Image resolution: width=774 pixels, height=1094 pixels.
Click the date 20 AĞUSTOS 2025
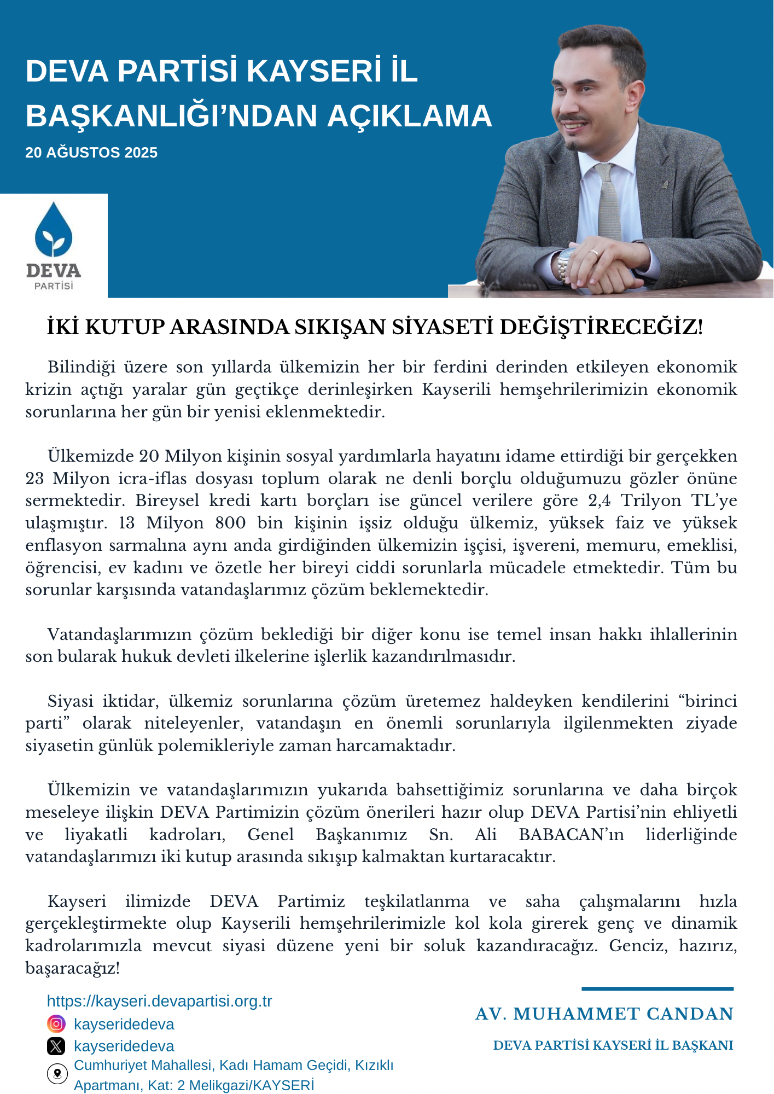pyautogui.click(x=91, y=153)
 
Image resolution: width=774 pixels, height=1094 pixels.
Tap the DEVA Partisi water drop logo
pyautogui.click(x=54, y=230)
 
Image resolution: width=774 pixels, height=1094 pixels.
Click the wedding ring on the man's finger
pyautogui.click(x=593, y=253)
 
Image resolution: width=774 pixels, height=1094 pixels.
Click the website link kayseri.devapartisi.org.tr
pyautogui.click(x=159, y=1001)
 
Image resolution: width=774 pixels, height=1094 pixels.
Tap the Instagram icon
pyautogui.click(x=56, y=1023)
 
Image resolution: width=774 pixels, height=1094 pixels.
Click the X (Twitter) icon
pyautogui.click(x=56, y=1046)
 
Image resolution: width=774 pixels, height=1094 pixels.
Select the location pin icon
pyautogui.click(x=57, y=1074)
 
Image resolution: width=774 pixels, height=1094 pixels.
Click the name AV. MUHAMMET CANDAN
pyautogui.click(x=604, y=1014)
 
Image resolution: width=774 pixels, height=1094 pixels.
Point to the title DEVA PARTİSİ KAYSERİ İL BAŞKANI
pyautogui.click(x=613, y=1045)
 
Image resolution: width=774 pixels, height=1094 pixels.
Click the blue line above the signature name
pyautogui.click(x=657, y=988)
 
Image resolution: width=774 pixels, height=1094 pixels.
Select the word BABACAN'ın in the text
pyautogui.click(x=571, y=834)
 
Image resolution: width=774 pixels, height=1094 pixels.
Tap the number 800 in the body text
pyautogui.click(x=230, y=523)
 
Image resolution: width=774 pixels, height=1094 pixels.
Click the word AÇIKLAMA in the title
pyautogui.click(x=409, y=116)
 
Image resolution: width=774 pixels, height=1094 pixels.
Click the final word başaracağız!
pyautogui.click(x=73, y=968)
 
